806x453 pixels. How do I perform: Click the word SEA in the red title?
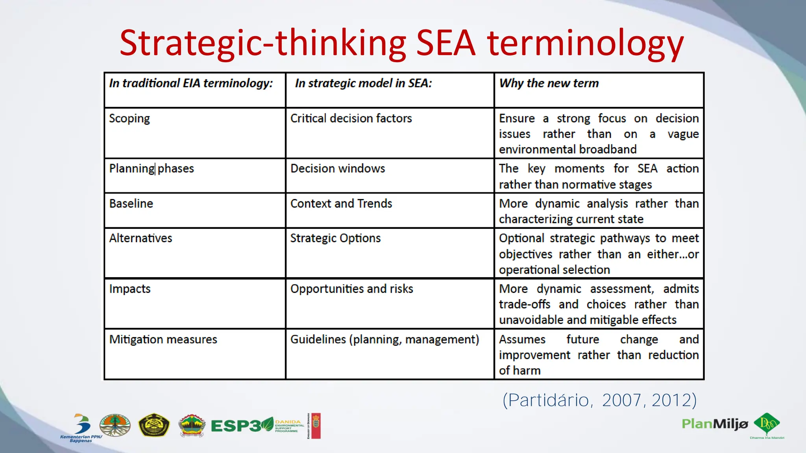(446, 43)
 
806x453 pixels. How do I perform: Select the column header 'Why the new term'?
(549, 83)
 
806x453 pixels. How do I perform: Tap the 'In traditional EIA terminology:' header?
(191, 83)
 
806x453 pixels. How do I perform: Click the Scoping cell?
(129, 118)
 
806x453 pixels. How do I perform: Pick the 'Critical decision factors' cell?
(351, 118)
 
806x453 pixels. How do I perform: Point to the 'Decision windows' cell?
(338, 169)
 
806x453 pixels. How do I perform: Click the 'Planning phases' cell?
(152, 169)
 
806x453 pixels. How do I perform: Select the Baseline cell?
(131, 204)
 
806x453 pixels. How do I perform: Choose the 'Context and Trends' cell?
(341, 204)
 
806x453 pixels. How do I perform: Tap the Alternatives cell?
(140, 238)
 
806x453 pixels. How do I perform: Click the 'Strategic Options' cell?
(335, 238)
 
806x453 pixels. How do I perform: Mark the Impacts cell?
(130, 289)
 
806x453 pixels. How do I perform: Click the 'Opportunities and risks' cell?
(351, 289)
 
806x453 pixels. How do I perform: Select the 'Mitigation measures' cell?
(163, 339)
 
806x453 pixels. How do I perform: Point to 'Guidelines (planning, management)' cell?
(385, 339)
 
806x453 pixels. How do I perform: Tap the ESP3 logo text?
(236, 426)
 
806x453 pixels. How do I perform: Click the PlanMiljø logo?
(715, 424)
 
